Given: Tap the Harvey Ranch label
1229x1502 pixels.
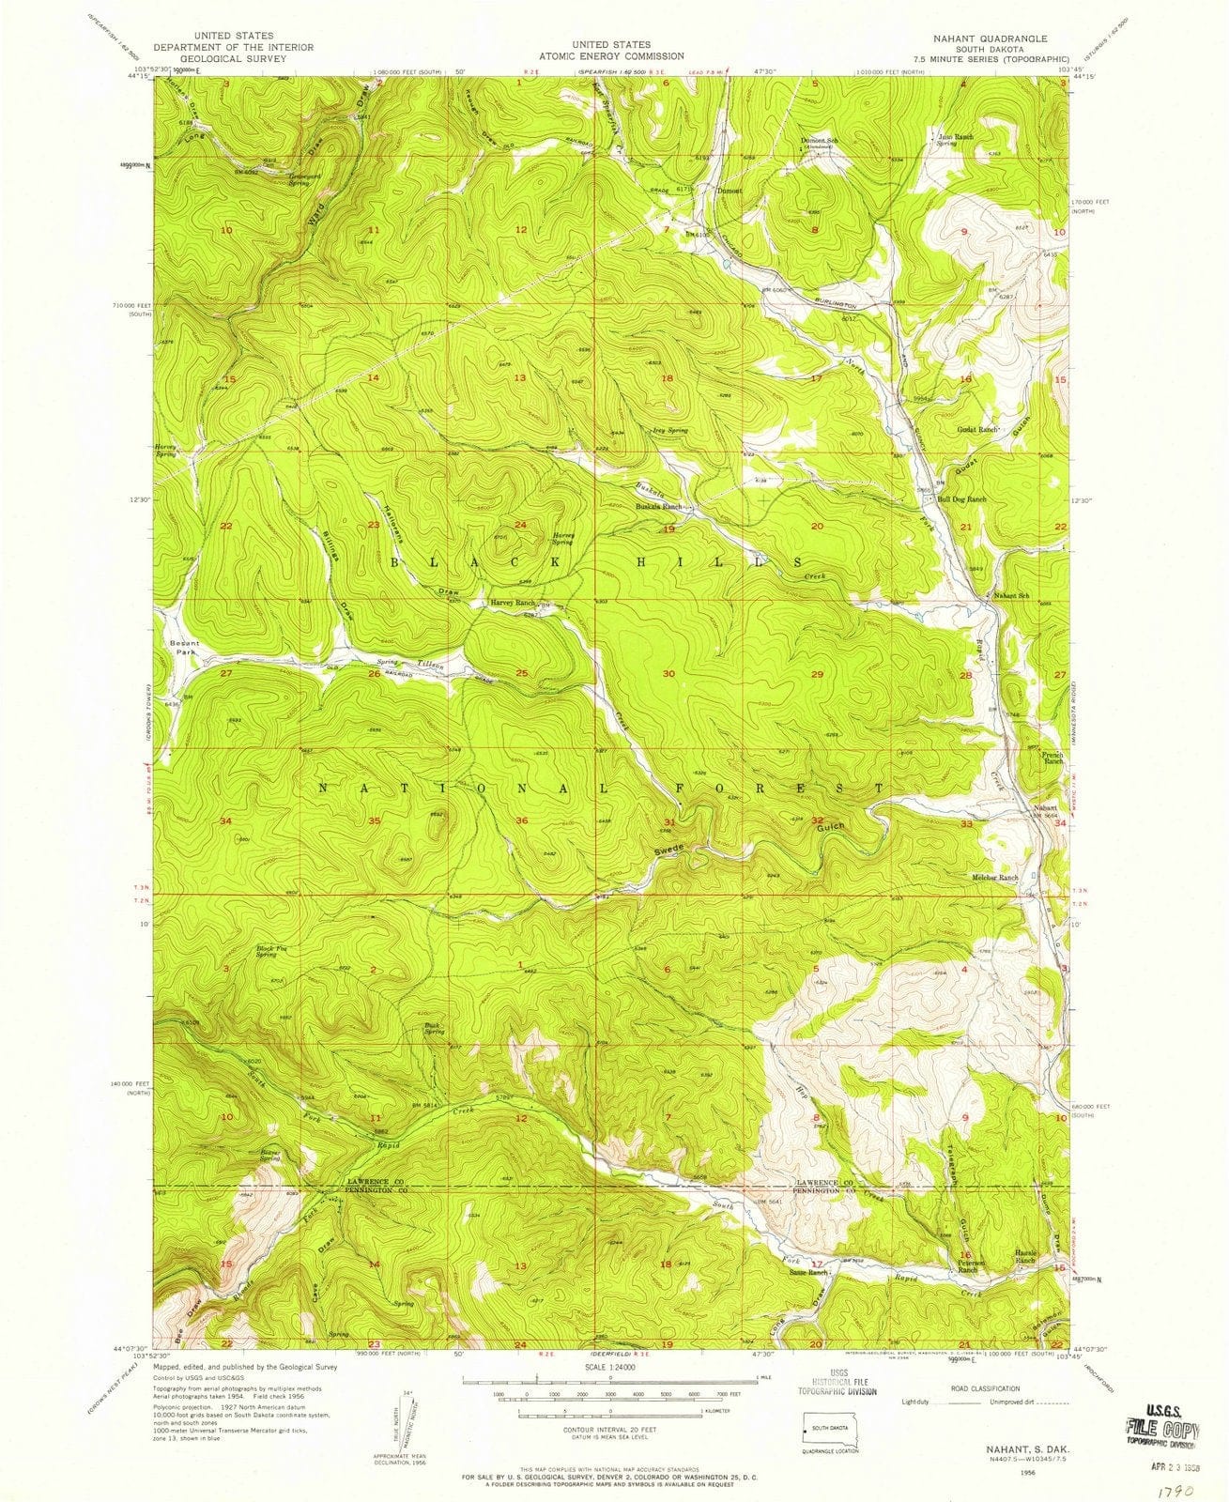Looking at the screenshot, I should tap(511, 603).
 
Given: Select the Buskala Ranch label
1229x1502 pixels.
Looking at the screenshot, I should tap(658, 507).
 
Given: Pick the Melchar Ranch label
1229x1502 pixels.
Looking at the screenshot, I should tap(993, 878).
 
